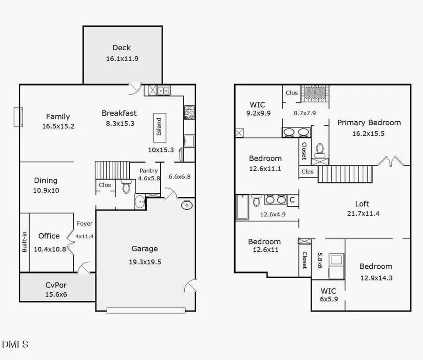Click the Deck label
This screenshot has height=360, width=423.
click(121, 47)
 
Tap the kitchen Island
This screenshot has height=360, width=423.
click(159, 127)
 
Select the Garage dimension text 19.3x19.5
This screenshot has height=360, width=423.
click(144, 262)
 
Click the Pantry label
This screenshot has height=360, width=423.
click(149, 171)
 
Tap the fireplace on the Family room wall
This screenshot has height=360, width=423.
click(18, 117)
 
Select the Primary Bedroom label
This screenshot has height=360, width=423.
click(369, 123)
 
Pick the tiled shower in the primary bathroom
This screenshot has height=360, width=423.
click(314, 93)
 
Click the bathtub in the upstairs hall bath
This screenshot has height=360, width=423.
click(242, 207)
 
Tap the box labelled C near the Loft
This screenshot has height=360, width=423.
click(292, 200)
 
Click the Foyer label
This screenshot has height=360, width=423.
click(85, 224)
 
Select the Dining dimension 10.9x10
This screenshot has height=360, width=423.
click(46, 190)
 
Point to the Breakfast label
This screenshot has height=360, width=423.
click(119, 113)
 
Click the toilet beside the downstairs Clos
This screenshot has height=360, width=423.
click(125, 187)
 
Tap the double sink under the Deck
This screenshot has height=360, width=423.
click(164, 91)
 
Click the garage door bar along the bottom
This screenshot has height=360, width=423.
click(145, 310)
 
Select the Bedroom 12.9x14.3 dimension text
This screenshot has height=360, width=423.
click(376, 278)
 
